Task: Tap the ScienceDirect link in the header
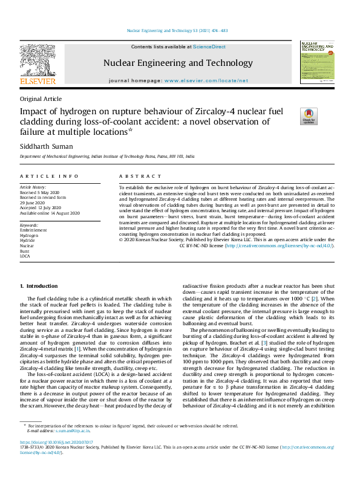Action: click(x=209, y=47)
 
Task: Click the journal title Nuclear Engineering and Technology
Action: click(x=178, y=62)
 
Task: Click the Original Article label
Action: click(x=41, y=99)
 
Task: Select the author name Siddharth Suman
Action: click(x=48, y=146)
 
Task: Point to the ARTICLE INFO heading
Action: click(x=50, y=176)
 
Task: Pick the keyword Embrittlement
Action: click(x=33, y=230)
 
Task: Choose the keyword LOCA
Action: click(x=25, y=256)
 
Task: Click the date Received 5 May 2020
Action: click(x=40, y=192)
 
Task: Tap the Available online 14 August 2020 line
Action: click(x=50, y=213)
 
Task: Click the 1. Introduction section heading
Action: click(x=39, y=285)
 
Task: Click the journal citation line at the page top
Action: click(x=177, y=30)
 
